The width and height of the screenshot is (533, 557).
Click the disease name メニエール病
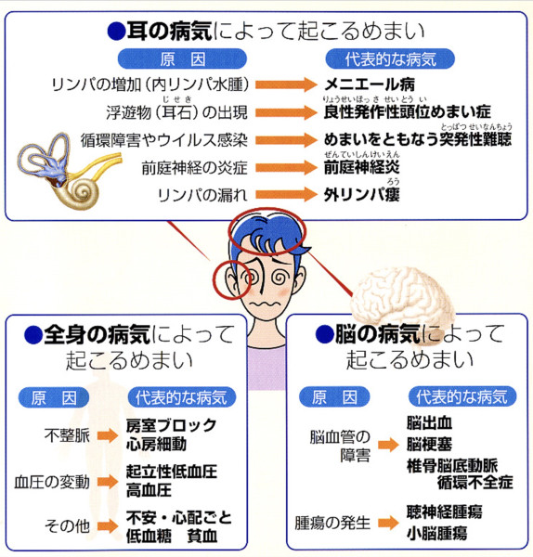[x=370, y=84]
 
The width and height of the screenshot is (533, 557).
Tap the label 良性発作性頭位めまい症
[x=408, y=112]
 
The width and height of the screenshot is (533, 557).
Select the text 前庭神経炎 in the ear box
[x=362, y=167]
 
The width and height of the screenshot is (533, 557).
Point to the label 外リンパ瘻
[x=362, y=195]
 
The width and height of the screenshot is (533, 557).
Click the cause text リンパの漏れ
[x=202, y=195]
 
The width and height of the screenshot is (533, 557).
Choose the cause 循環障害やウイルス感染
[x=163, y=140]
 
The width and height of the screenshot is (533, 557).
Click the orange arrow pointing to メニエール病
[x=286, y=84]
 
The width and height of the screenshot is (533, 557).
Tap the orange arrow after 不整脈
[x=108, y=435]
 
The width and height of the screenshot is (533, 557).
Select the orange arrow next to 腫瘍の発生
[x=388, y=522]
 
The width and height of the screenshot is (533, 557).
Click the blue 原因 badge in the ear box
[x=182, y=59]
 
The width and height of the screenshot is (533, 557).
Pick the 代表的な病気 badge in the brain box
[x=461, y=396]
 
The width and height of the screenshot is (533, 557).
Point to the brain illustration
[x=401, y=297]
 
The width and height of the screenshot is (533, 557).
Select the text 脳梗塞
[x=429, y=444]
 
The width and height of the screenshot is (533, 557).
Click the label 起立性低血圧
[x=172, y=472]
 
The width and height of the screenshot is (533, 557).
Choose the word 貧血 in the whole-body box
[x=202, y=536]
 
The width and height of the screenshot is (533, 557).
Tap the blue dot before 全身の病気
[x=33, y=335]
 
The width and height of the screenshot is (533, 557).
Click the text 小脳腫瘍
[x=436, y=533]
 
